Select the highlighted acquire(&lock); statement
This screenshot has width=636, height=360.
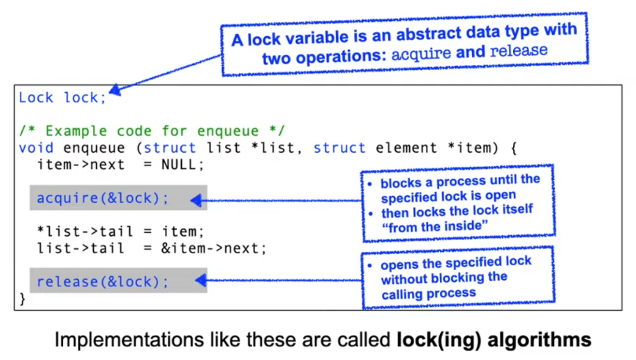[103, 198]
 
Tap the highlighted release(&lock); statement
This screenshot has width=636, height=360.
[103, 281]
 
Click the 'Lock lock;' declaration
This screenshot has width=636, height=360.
[62, 98]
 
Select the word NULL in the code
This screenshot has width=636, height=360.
[183, 165]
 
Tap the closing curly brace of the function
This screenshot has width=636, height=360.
[22, 299]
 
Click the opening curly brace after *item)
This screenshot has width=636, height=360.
[513, 147]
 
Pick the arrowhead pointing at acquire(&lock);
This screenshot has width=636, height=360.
[196, 200]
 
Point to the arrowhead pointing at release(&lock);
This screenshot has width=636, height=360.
[200, 280]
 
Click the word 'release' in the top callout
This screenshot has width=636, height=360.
[519, 50]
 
